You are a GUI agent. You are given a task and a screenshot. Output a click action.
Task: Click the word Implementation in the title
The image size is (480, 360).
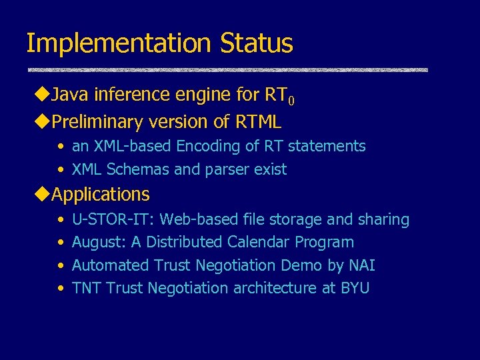pyautogui.click(x=117, y=43)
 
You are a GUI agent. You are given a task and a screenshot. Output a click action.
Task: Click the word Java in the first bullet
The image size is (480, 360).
pyautogui.click(x=70, y=95)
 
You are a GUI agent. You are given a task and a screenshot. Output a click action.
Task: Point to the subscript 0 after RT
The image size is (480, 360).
pyautogui.click(x=291, y=101)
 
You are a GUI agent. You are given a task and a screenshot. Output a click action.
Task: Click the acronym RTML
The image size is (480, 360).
pyautogui.click(x=258, y=122)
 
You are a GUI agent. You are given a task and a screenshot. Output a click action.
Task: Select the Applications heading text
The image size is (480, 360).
pyautogui.click(x=101, y=195)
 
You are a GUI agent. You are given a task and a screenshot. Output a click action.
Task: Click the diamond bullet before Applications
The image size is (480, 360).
pyautogui.click(x=43, y=195)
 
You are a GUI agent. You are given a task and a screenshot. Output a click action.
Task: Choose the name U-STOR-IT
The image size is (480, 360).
pyautogui.click(x=113, y=219)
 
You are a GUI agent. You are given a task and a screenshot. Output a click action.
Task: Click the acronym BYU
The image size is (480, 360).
pyautogui.click(x=355, y=288)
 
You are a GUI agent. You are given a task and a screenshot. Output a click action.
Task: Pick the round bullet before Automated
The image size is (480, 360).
pyautogui.click(x=61, y=266)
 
